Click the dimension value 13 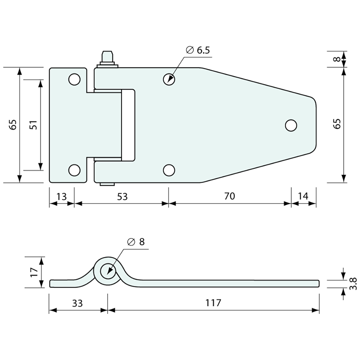[x=62, y=196]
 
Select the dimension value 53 [x=122, y=196]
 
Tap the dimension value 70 [x=230, y=196]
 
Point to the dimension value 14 [x=303, y=196]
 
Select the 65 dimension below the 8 [x=337, y=123]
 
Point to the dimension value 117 [x=213, y=303]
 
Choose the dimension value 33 [x=77, y=303]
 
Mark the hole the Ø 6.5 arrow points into [x=169, y=79]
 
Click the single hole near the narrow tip [x=291, y=125]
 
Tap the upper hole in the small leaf [x=74, y=80]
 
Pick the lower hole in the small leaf [x=74, y=170]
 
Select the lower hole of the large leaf [x=169, y=170]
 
